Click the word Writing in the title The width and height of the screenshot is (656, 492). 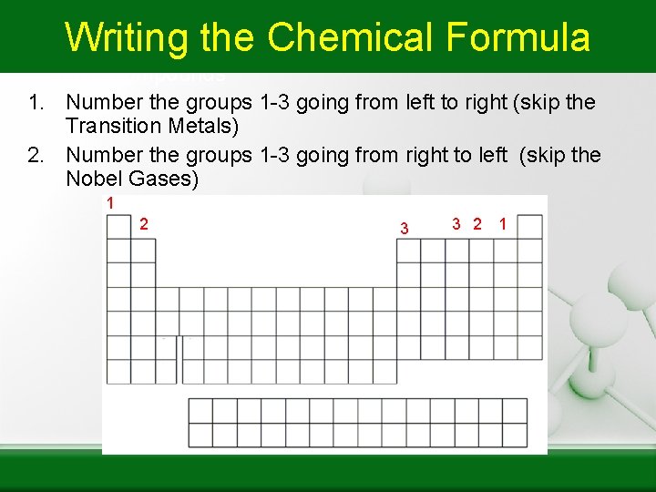coord(126,38)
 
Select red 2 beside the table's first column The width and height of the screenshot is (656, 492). coord(143,224)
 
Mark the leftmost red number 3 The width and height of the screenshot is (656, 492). coord(405,227)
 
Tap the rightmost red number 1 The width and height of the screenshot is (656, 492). coord(502,224)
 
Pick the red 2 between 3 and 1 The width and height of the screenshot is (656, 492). coord(477,224)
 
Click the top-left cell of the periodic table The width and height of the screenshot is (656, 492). coord(118,227)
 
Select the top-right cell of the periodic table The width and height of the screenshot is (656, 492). coord(530,227)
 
